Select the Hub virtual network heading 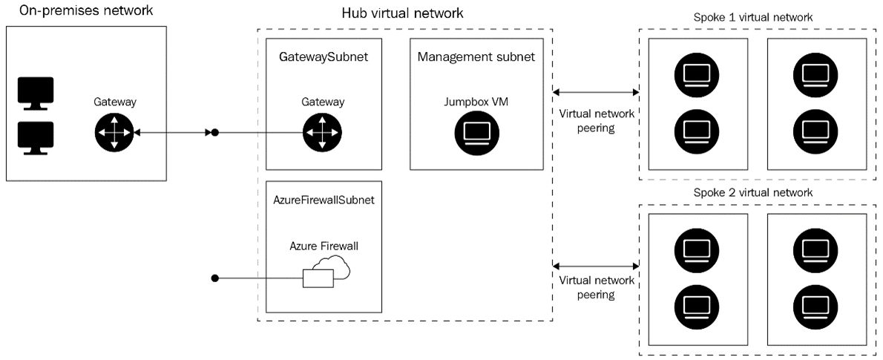click(x=402, y=13)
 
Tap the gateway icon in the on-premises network click(x=114, y=133)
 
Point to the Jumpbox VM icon click(x=476, y=133)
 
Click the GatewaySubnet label click(x=323, y=56)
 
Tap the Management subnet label click(x=476, y=56)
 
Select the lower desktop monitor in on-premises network click(x=35, y=138)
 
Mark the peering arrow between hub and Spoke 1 click(x=596, y=93)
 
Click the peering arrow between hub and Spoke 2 click(x=596, y=265)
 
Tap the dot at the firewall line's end click(x=215, y=278)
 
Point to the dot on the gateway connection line click(x=215, y=133)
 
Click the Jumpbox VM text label click(x=476, y=102)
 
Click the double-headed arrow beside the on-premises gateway click(x=171, y=133)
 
